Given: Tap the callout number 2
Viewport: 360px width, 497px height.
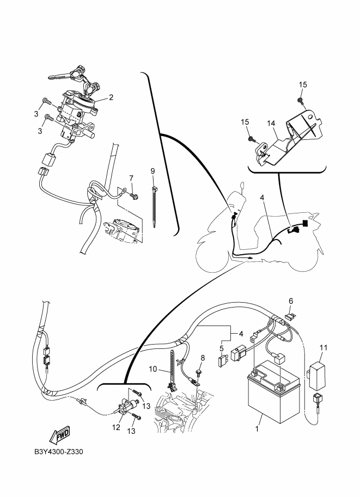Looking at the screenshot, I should (x=111, y=97).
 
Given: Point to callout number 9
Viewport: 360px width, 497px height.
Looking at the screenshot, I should (x=153, y=171).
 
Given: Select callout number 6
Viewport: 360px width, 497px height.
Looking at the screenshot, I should (x=291, y=300).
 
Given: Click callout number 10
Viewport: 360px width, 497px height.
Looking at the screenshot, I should (x=153, y=370).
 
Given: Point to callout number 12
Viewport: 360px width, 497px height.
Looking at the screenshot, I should (x=115, y=428).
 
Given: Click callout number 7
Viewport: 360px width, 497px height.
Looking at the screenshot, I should (x=131, y=178).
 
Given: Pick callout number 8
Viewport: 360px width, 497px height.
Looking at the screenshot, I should (x=203, y=358).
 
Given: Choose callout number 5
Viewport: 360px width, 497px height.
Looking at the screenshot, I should (x=222, y=348).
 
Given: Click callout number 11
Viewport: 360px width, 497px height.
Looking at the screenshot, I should (x=324, y=347).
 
